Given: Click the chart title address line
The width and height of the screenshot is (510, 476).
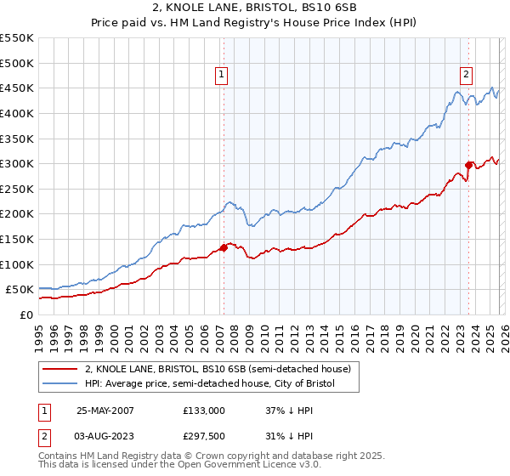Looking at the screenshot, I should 254,9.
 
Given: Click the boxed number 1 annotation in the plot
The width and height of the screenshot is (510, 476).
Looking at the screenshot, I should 221,75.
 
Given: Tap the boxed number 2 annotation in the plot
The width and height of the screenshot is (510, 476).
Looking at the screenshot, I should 467,75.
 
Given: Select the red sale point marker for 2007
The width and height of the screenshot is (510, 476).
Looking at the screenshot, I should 224,247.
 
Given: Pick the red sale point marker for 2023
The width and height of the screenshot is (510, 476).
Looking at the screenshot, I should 468,165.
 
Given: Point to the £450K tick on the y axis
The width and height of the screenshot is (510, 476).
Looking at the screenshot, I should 17,88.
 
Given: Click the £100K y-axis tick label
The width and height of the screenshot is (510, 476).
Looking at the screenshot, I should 17,264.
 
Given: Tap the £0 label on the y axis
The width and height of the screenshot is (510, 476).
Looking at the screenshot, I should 25,314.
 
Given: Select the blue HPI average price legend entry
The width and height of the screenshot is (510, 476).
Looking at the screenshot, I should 210,384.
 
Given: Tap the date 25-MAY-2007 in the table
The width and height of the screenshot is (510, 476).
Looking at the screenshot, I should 105,410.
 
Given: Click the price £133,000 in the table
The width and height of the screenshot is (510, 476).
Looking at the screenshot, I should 203,410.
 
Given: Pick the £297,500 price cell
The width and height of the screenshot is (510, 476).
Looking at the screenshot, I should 203,435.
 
